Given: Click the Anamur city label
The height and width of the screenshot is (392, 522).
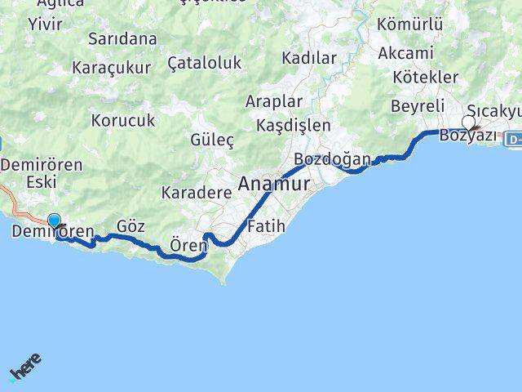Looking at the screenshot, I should pyautogui.click(x=274, y=185).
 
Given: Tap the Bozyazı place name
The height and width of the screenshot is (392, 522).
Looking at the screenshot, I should pyautogui.click(x=467, y=136).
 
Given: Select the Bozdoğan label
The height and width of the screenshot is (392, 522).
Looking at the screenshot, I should pyautogui.click(x=332, y=158).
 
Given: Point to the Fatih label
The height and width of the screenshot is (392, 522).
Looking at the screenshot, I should pyautogui.click(x=266, y=226).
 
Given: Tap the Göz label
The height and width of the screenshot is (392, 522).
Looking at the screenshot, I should pyautogui.click(x=130, y=226).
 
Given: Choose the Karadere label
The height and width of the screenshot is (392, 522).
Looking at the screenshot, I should pyautogui.click(x=197, y=192).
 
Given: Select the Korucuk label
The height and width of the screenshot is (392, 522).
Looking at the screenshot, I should pyautogui.click(x=124, y=121).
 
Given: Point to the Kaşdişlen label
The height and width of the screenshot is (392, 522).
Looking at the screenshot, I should pyautogui.click(x=294, y=126).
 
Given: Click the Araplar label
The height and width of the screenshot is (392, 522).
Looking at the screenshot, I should pyautogui.click(x=274, y=102).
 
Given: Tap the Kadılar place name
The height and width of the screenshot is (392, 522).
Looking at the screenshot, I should pyautogui.click(x=309, y=58).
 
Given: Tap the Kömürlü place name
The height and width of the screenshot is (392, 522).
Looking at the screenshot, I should pyautogui.click(x=411, y=25).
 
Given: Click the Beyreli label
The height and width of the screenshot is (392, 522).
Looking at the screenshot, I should pyautogui.click(x=418, y=107).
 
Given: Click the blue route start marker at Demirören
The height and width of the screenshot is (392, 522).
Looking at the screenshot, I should pyautogui.click(x=55, y=220).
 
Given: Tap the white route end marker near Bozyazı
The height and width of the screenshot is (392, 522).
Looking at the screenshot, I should pyautogui.click(x=468, y=122).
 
